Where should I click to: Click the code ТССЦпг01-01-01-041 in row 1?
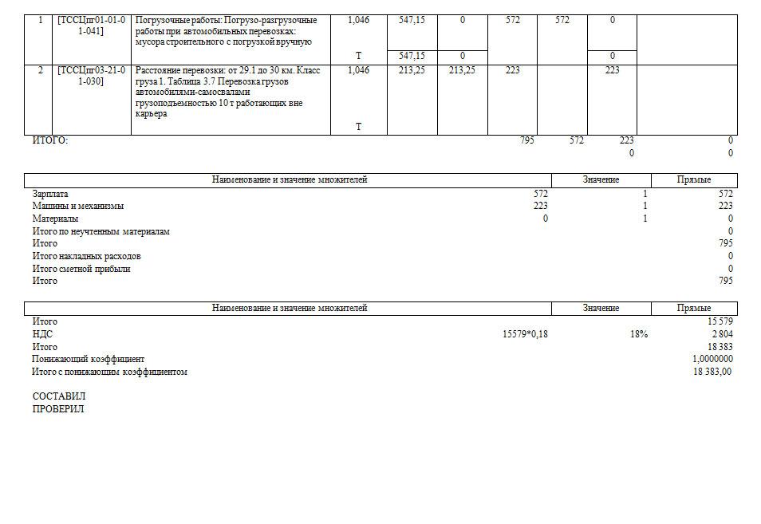(x=92, y=25)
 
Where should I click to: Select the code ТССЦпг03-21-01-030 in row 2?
(x=92, y=75)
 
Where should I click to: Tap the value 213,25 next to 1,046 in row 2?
(x=412, y=70)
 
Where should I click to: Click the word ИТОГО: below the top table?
(x=50, y=140)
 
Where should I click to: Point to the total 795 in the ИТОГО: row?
(x=526, y=140)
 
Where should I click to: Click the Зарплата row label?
(x=50, y=194)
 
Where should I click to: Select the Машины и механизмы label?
(x=78, y=206)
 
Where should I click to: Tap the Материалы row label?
(x=55, y=219)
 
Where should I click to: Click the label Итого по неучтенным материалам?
(x=101, y=231)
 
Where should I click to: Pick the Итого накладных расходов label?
(x=86, y=256)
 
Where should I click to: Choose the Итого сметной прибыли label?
(x=81, y=269)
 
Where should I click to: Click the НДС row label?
(x=42, y=334)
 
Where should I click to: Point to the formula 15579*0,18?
(x=525, y=334)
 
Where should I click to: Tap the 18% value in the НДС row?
(x=638, y=334)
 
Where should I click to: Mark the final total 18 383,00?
(x=712, y=372)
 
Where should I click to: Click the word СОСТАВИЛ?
(x=58, y=396)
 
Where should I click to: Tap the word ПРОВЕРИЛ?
(x=57, y=409)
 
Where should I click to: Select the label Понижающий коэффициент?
(x=88, y=359)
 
